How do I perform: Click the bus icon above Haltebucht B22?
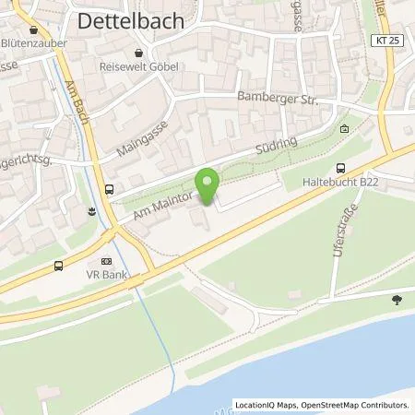point(342,168)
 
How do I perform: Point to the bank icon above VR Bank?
point(105,261)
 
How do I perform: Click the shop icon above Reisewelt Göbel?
point(137,53)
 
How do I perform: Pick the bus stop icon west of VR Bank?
point(59,267)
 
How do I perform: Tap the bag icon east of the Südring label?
point(344,129)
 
